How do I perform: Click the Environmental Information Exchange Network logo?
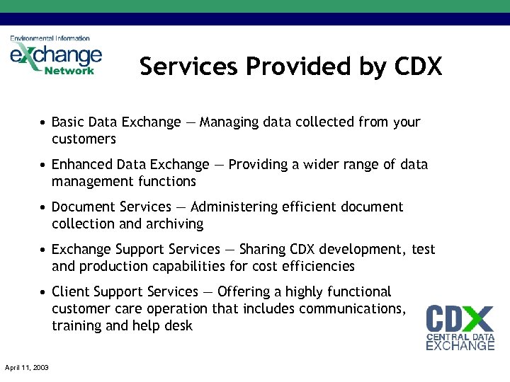tap(56, 55)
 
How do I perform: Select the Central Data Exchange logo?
tap(460, 327)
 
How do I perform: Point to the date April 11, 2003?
tap(26, 367)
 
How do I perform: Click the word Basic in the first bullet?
tap(68, 122)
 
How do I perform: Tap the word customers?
tap(84, 139)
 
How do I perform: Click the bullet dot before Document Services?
tap(44, 207)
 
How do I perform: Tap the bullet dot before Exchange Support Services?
tap(44, 250)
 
